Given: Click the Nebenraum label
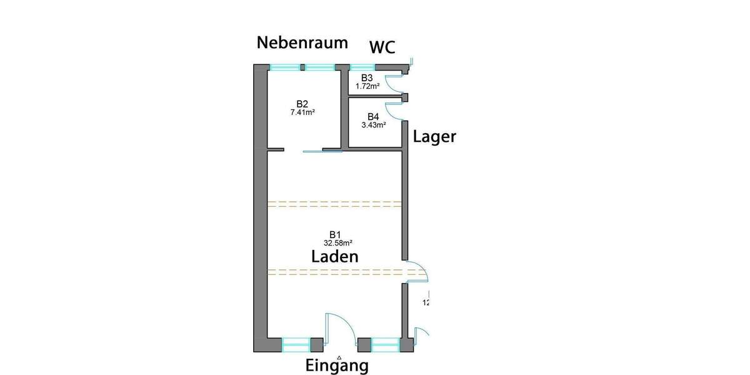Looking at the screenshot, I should tap(302, 42).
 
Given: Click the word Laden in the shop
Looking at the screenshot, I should tap(335, 256).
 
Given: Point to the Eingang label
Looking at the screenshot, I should tap(337, 366).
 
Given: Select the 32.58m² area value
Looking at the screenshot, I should tap(338, 243).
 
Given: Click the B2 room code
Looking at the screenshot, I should tap(302, 104).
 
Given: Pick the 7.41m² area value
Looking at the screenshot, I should tap(302, 113).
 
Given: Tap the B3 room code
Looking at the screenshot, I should tap(367, 77).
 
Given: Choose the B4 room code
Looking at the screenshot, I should tap(373, 117).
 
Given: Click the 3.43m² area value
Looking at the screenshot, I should tap(373, 125).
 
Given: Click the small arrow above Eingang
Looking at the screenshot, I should tap(339, 357).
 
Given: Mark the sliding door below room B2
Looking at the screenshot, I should tap(322, 151).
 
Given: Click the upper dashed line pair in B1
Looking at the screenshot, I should tap(334, 203).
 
